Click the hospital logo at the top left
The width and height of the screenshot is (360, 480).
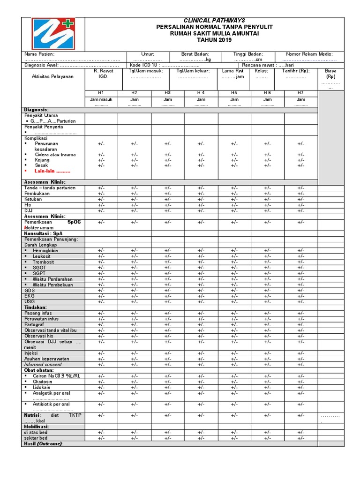(x=53, y=33)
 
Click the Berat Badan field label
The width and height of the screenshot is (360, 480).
(x=195, y=54)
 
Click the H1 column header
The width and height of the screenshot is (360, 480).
(x=101, y=93)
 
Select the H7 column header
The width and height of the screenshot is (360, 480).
(x=300, y=93)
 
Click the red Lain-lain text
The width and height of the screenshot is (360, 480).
(x=52, y=171)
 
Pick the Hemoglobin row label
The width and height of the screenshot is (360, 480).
(x=45, y=251)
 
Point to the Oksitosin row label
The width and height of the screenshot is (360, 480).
(x=44, y=382)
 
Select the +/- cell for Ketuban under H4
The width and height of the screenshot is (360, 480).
(x=201, y=199)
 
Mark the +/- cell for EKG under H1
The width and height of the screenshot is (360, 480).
(x=101, y=296)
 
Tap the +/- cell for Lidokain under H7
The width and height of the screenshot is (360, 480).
(x=300, y=387)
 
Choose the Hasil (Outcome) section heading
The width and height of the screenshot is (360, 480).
(x=43, y=443)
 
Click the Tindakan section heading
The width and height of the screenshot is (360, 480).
(x=36, y=307)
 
